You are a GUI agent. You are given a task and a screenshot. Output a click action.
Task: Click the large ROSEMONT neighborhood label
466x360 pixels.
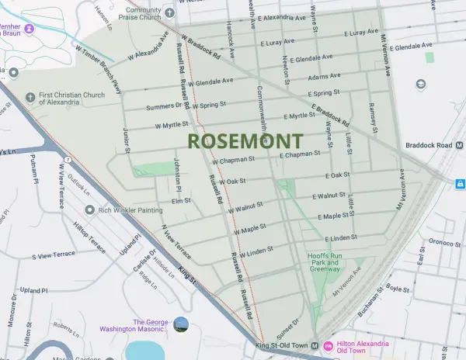pyautogui.click(x=245, y=141)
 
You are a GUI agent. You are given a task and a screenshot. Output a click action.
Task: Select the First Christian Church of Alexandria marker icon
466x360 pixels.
pyautogui.click(x=30, y=97)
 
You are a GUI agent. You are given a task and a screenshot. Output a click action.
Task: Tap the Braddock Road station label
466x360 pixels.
pyautogui.click(x=432, y=145)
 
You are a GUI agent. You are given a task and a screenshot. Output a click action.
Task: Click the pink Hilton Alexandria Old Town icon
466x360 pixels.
pyautogui.click(x=328, y=345)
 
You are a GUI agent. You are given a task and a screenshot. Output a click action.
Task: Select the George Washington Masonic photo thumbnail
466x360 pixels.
pyautogui.click(x=181, y=324)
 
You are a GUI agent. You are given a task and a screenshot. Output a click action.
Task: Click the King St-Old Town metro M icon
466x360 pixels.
pyautogui.click(x=315, y=345)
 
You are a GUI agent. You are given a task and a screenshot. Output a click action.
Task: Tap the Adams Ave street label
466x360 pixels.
pyautogui.click(x=324, y=77)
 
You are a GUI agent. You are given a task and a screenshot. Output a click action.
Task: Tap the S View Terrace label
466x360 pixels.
pyautogui.click(x=54, y=254)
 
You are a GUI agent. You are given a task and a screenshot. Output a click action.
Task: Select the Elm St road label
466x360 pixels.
pyautogui.click(x=181, y=201)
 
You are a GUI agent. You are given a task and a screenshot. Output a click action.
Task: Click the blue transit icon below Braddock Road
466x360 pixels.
pyautogui.click(x=460, y=184)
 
